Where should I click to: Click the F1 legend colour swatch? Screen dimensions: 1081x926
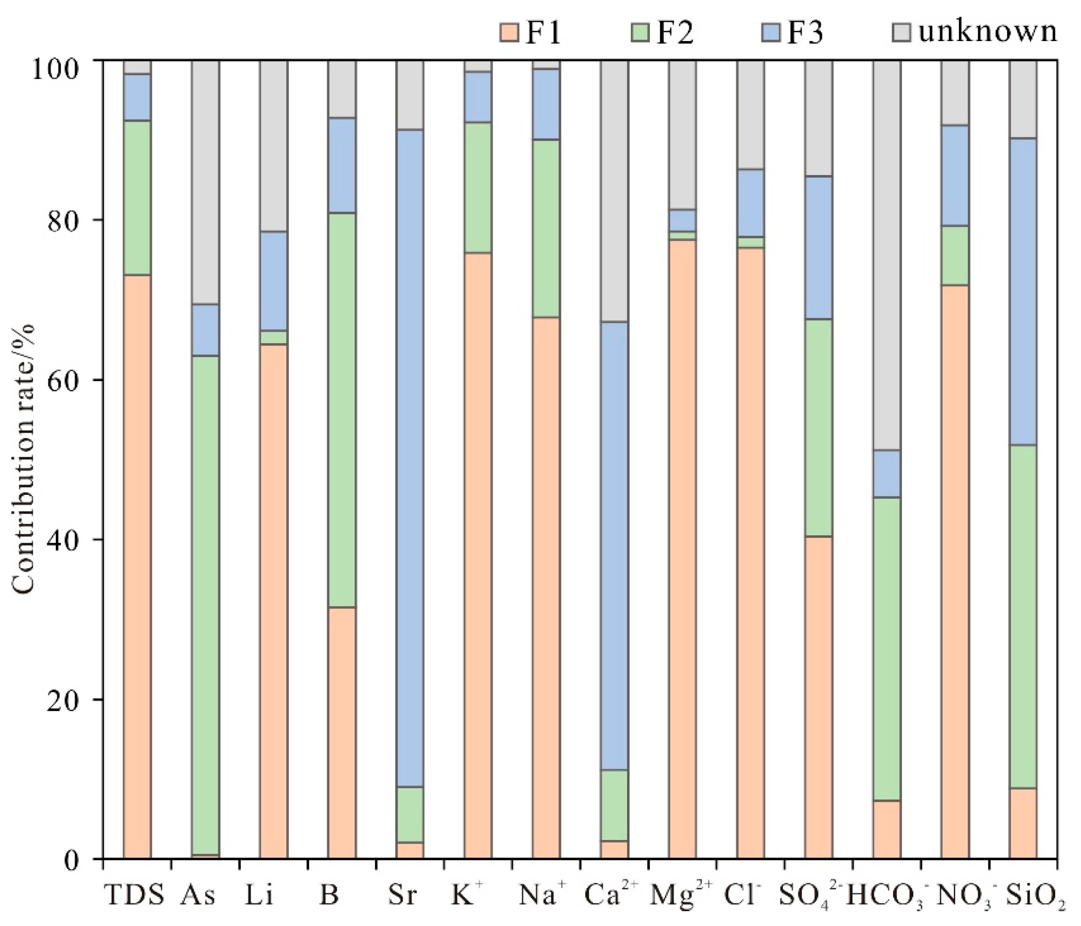(509, 32)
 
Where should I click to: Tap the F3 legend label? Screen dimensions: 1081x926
(805, 32)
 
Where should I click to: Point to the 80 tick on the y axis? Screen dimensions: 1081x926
(103, 220)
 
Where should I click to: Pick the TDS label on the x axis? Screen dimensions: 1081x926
(135, 895)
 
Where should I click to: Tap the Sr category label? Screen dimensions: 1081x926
(403, 895)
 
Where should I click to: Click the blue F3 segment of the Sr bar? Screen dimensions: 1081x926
(410, 458)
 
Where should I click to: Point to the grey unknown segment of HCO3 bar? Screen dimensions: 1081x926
(887, 255)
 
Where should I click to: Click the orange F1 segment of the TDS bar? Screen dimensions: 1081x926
(137, 567)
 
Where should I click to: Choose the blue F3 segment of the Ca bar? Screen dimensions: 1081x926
(615, 546)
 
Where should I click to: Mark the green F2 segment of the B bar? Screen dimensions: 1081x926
(342, 410)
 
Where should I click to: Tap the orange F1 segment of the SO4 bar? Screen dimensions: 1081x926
(818, 698)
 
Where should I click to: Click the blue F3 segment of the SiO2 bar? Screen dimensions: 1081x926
(1023, 292)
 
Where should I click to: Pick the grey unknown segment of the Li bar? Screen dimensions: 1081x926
(274, 146)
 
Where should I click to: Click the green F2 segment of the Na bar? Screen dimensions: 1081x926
(546, 228)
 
